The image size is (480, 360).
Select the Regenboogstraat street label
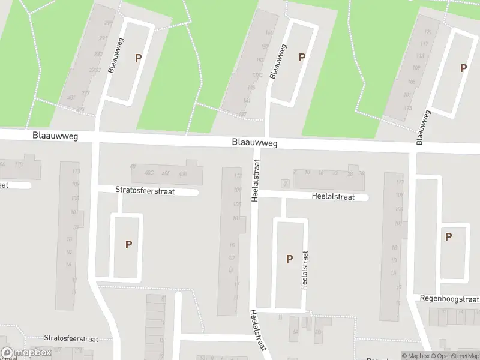click(x=449, y=299)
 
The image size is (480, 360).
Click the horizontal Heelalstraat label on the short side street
click(x=333, y=196)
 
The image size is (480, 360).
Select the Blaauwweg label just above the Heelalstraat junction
click(x=255, y=143)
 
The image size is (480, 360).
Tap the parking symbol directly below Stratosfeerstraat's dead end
click(x=128, y=244)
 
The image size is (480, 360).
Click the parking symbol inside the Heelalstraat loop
click(x=289, y=259)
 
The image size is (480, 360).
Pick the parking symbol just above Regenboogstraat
click(x=448, y=237)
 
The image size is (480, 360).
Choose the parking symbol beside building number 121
click(x=463, y=68)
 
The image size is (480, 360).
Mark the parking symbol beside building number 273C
click(x=139, y=58)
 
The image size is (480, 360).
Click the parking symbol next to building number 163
click(x=302, y=58)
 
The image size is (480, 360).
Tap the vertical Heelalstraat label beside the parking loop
click(x=304, y=270)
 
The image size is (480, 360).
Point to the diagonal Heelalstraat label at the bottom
click(x=259, y=332)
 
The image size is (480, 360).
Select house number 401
click(x=71, y=98)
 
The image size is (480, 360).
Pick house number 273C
click(x=94, y=70)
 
